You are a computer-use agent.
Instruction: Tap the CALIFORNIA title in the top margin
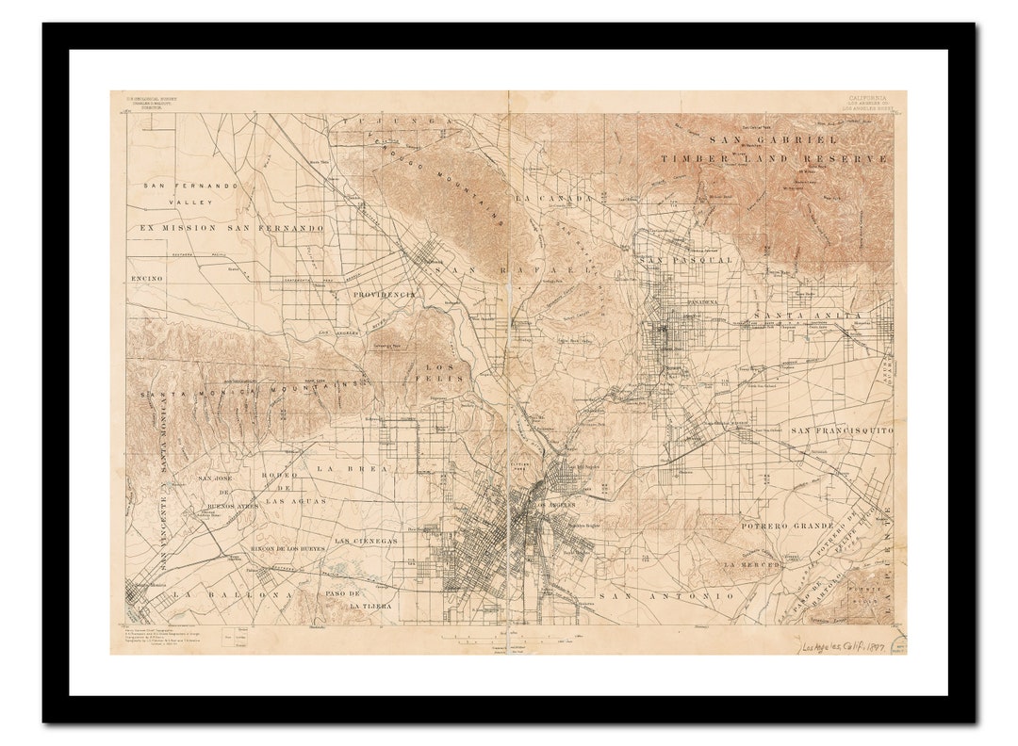pos(866,97)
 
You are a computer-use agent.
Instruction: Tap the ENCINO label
pos(147,279)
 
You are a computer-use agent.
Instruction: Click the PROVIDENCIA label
pos(384,295)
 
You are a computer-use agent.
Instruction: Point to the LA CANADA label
pos(553,199)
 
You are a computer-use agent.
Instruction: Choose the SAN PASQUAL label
pos(685,259)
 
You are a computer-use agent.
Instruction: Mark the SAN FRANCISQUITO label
pos(841,430)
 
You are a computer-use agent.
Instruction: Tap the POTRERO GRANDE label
pos(787,526)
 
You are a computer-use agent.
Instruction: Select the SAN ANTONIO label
pos(666,596)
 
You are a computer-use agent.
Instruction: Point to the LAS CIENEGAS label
pos(366,542)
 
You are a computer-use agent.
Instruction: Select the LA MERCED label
pos(752,564)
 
